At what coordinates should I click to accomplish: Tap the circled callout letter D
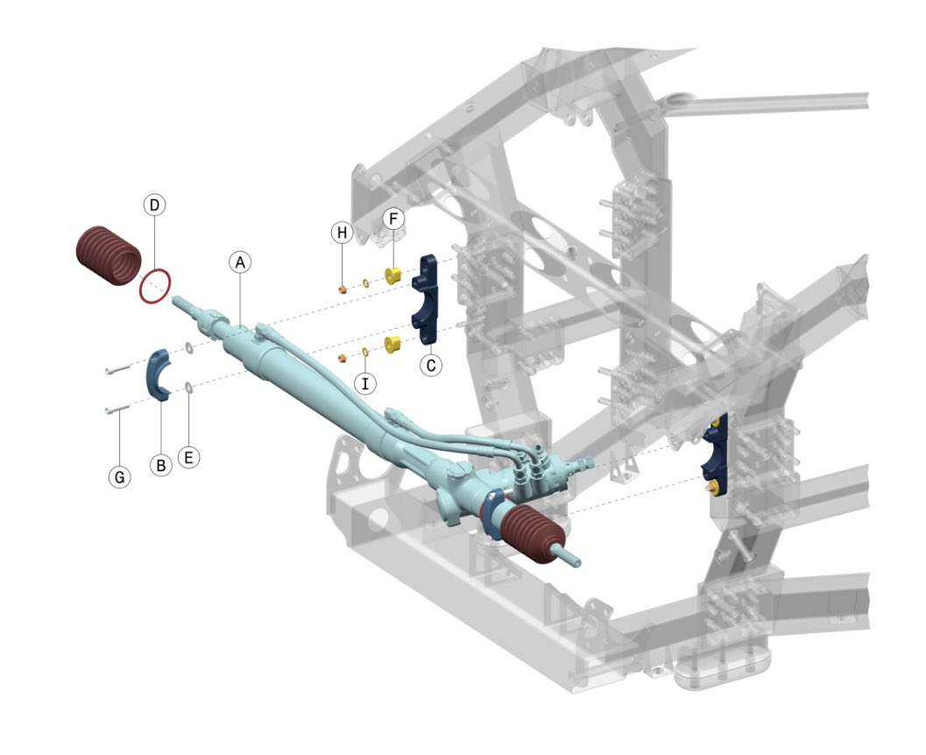(154, 205)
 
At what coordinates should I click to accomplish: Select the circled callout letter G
(120, 477)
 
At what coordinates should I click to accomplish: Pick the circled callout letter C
(430, 365)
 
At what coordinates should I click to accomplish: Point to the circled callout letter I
(364, 382)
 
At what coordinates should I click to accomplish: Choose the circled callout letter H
(341, 232)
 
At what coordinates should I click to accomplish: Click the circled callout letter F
(393, 217)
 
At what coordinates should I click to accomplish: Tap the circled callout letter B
(160, 466)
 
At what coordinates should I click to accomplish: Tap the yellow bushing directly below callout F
(393, 275)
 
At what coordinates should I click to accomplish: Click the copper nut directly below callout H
(342, 285)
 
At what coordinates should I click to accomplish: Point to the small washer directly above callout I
(364, 353)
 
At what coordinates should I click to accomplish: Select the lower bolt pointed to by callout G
(116, 409)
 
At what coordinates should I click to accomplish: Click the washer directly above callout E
(189, 388)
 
